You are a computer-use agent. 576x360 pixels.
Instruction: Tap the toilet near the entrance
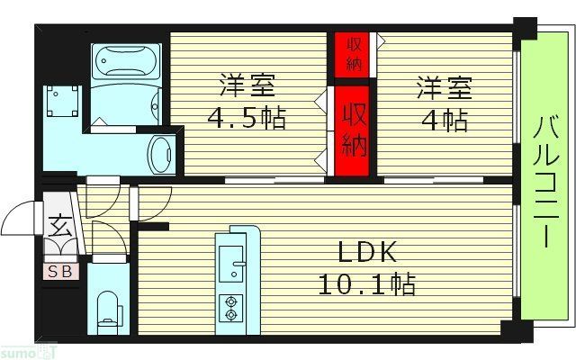[x=107, y=306]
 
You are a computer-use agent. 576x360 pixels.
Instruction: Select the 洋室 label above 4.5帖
[x=243, y=88]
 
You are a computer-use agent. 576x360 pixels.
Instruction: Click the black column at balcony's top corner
[x=523, y=29]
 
